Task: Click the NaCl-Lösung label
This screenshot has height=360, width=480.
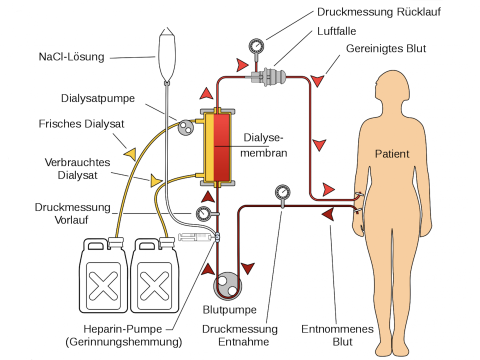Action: point(71,57)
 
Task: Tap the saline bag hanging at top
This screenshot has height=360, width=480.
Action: point(167,55)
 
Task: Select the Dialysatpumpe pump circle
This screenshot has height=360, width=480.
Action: point(185,127)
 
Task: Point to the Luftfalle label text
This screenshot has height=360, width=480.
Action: point(336,31)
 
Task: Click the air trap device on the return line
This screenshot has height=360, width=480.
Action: point(269,76)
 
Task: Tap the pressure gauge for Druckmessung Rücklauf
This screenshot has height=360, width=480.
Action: point(256,46)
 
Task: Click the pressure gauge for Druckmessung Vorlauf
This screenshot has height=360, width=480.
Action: point(203,214)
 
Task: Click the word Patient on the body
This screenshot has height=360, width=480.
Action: point(392,153)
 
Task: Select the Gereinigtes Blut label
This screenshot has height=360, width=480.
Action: point(386,48)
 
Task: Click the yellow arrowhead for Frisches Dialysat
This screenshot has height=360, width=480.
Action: point(130,153)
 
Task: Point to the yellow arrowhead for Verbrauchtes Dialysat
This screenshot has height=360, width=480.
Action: point(155,180)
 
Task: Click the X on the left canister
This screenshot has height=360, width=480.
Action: point(103,285)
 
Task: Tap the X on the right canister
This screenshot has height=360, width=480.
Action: point(154,285)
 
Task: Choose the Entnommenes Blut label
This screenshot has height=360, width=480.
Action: point(337,335)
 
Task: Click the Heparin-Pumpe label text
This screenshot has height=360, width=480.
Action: point(123,329)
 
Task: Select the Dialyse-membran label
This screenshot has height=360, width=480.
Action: point(263,145)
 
